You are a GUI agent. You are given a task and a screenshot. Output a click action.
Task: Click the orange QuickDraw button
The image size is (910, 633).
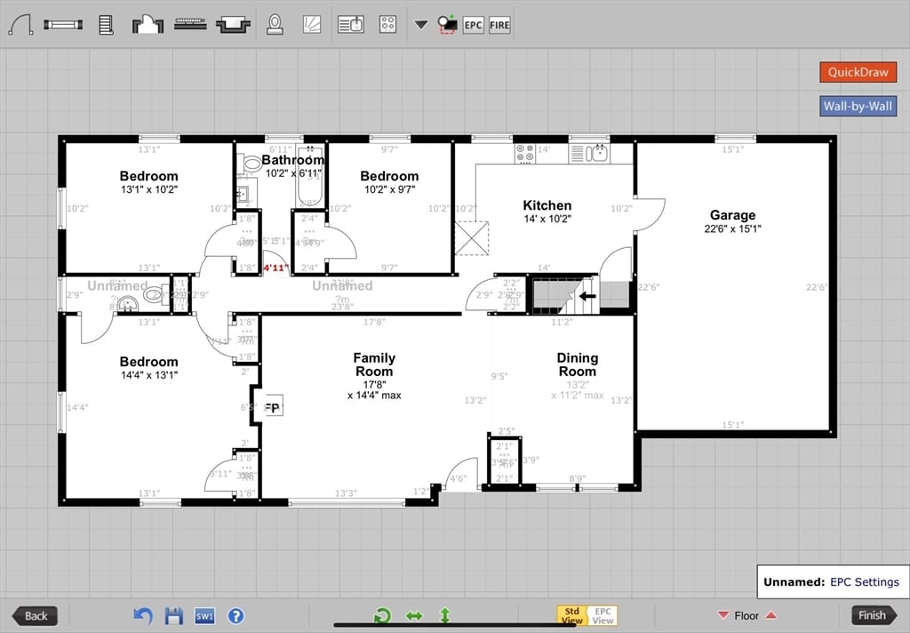(x=858, y=72)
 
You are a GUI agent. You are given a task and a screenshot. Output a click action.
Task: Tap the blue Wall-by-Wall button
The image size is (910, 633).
(x=858, y=107)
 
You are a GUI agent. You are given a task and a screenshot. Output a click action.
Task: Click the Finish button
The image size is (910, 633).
(x=873, y=615)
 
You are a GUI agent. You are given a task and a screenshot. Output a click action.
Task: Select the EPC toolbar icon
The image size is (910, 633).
(x=474, y=25)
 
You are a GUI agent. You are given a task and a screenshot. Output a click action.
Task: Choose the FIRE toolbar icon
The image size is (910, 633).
(x=499, y=25)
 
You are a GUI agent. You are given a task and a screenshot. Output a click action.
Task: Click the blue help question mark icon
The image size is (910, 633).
(x=235, y=615)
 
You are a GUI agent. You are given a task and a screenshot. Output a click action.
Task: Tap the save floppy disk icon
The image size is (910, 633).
(x=174, y=615)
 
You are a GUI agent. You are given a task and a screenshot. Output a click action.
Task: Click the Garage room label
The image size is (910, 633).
(x=732, y=215)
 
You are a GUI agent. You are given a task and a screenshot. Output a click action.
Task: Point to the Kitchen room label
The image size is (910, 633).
(x=547, y=205)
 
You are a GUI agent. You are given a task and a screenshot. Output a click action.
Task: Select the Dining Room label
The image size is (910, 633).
(x=577, y=365)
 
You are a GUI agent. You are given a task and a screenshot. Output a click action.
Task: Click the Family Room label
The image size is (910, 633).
(x=374, y=365)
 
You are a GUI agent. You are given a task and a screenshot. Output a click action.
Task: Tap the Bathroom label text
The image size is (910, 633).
(x=292, y=160)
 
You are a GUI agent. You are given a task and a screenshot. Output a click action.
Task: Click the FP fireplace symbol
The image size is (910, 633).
(x=272, y=408)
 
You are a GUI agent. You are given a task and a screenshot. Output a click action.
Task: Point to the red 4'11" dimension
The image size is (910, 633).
(x=275, y=268)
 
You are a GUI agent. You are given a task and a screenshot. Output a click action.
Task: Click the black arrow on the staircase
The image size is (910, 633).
(x=587, y=297)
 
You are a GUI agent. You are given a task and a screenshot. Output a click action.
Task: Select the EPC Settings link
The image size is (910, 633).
(x=864, y=582)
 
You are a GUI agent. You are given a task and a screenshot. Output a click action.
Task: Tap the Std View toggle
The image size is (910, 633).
(x=571, y=615)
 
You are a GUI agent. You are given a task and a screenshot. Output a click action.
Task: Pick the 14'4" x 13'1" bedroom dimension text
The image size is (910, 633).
(x=149, y=375)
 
